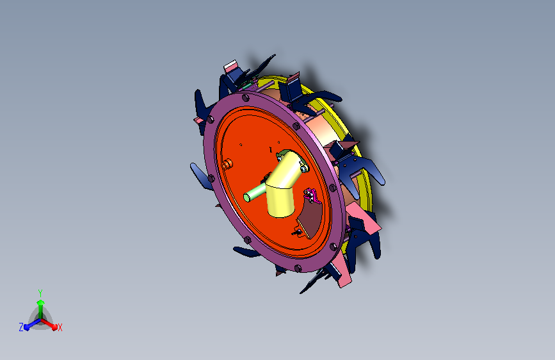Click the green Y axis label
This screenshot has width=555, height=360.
(x=40, y=293)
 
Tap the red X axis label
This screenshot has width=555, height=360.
(x=60, y=327)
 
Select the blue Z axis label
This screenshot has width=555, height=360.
(x=21, y=327)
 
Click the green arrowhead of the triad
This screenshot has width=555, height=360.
(x=41, y=302)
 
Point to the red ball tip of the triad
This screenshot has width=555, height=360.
(x=54, y=327)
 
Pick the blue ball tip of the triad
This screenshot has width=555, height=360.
(x=27, y=327)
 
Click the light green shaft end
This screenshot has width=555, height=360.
(x=248, y=197)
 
